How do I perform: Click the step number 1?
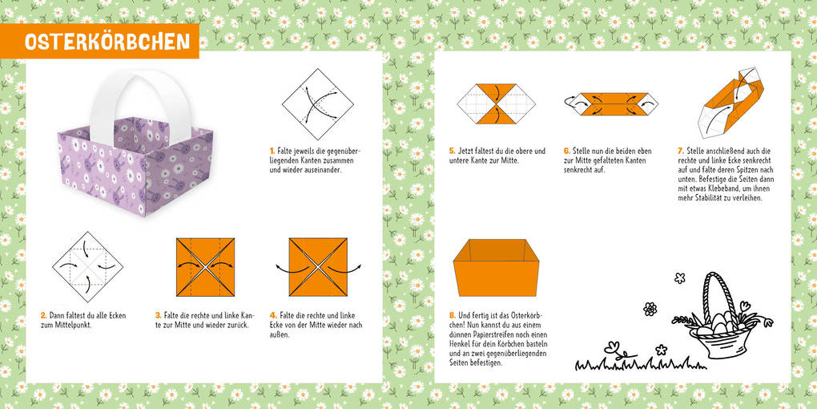pyautogui.click(x=272, y=150)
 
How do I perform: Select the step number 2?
pyautogui.click(x=43, y=315)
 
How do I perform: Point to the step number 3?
pyautogui.click(x=158, y=315)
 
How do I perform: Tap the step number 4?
pyautogui.click(x=273, y=315)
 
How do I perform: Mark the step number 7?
pyautogui.click(x=681, y=150)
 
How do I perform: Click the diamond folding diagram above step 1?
pyautogui.click(x=318, y=104)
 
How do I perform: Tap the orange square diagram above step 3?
pyautogui.click(x=205, y=267)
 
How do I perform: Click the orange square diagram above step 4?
pyautogui.click(x=318, y=267)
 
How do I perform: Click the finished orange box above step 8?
pyautogui.click(x=493, y=267)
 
